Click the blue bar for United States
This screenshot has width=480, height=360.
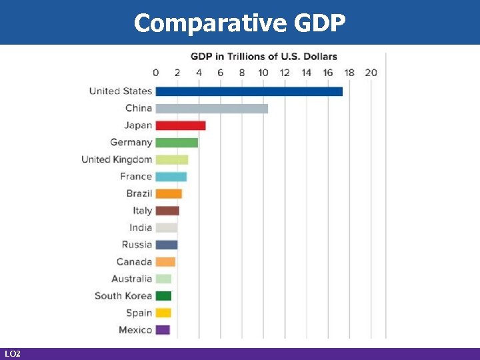coord(249,91)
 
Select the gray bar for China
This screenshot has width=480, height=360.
coord(211,108)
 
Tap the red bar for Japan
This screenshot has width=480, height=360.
coord(180,125)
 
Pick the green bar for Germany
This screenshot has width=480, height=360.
coord(177,142)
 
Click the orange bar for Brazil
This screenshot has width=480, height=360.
coord(168,193)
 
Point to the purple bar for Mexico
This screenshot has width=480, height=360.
coord(163,330)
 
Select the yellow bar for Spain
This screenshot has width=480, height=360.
coord(163,313)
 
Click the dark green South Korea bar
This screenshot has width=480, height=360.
coord(163,296)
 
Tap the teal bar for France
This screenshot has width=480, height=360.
coord(171,177)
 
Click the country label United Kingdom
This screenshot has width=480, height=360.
coord(117,159)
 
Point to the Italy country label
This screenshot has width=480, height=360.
coord(142,211)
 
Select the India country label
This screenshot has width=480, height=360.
coord(141,227)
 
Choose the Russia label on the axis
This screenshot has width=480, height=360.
coord(137,245)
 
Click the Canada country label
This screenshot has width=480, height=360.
coord(134,262)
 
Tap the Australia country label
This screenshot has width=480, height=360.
coord(131,279)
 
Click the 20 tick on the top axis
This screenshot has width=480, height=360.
coord(371,73)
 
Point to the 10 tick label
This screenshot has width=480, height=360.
coord(263,73)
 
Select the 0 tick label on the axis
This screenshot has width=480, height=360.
coord(156,73)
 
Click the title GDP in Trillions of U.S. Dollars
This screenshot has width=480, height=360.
coord(264,57)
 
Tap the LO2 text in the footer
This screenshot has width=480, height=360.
coord(12,353)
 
